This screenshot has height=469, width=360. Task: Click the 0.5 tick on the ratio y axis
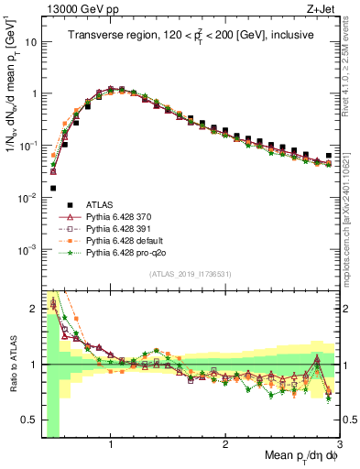[29, 420]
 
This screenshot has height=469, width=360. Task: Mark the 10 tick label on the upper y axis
[28, 42]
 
